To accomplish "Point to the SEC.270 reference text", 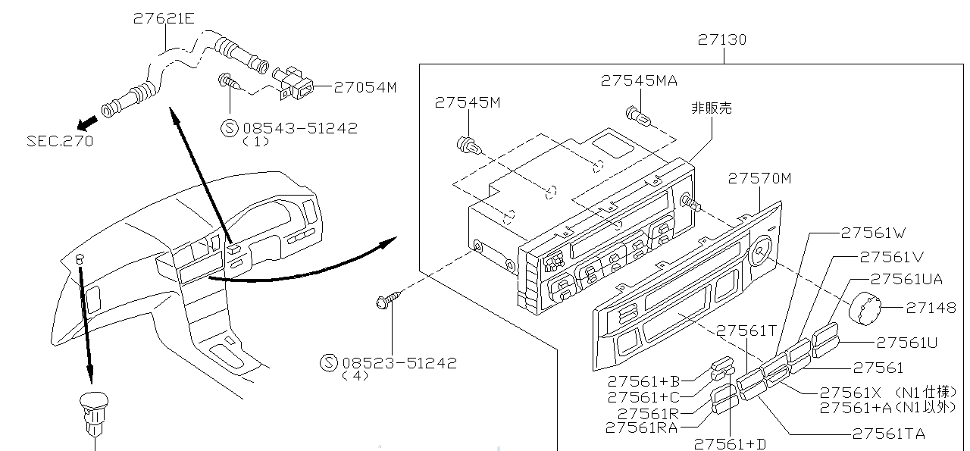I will pos(60,141).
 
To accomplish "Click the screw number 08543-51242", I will pos(299,128).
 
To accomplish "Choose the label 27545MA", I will pos(639,80).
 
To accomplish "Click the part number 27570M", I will pos(759,178).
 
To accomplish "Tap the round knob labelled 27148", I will pos(865,307).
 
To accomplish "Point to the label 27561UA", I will pos(906,280).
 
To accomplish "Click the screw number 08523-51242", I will pos(399,362).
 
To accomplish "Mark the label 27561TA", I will pos(888,434).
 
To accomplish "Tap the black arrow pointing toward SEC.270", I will pos(88,121).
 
